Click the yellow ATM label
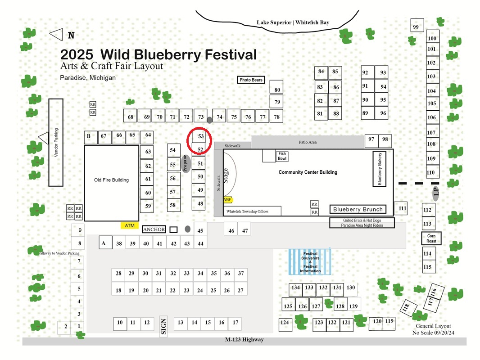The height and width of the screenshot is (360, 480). pyautogui.click(x=130, y=225)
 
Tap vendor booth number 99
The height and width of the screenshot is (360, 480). pyautogui.click(x=417, y=25)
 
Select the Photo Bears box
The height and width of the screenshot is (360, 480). pyautogui.click(x=251, y=80)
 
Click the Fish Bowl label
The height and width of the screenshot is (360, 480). pyautogui.click(x=282, y=156)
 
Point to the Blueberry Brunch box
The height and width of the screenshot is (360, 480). pyautogui.click(x=358, y=209)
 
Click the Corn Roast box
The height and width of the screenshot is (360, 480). pyautogui.click(x=431, y=238)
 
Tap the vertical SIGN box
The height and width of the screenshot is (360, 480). pyautogui.click(x=163, y=326)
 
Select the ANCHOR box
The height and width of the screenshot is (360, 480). pyautogui.click(x=154, y=229)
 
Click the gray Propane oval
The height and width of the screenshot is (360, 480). pyautogui.click(x=186, y=164)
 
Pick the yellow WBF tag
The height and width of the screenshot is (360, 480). pyautogui.click(x=227, y=200)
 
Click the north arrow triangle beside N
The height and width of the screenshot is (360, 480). pyautogui.click(x=56, y=35)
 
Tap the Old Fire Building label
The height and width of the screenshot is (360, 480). pyautogui.click(x=111, y=180)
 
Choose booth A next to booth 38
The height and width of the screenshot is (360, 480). pyautogui.click(x=105, y=243)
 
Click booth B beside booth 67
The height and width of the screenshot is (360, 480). pyautogui.click(x=91, y=137)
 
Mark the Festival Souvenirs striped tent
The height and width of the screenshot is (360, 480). pyautogui.click(x=310, y=262)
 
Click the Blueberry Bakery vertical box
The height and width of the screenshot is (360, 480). pyautogui.click(x=379, y=169)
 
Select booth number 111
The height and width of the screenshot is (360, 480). pyautogui.click(x=401, y=208)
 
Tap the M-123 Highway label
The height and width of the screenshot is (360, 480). pyautogui.click(x=245, y=339)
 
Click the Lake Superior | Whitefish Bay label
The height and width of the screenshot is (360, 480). pyautogui.click(x=293, y=22)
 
